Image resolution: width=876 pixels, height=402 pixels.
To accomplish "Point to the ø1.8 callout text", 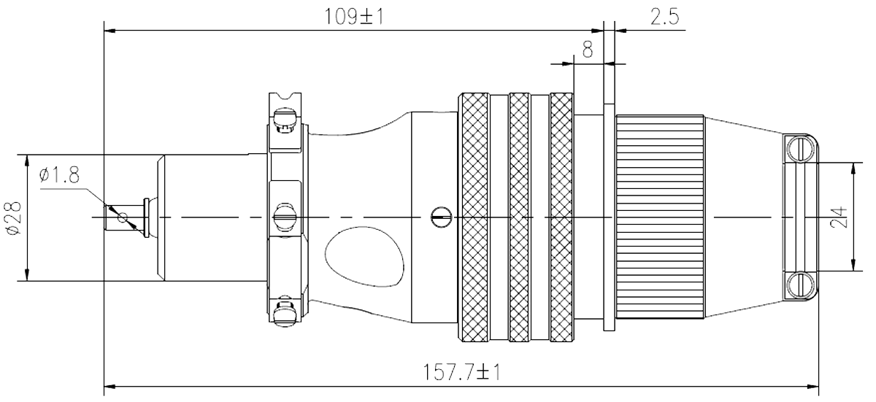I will pyautogui.click(x=59, y=174).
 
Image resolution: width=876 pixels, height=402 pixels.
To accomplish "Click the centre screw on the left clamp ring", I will pyautogui.click(x=284, y=217).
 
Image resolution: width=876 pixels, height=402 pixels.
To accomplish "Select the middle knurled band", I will pyautogui.click(x=519, y=217).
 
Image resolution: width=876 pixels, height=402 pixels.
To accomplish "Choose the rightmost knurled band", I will pyautogui.click(x=561, y=217).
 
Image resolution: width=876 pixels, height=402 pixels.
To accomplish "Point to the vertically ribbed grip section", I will pyautogui.click(x=661, y=217).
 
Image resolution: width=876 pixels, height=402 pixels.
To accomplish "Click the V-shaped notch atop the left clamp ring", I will pyautogui.click(x=285, y=96).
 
